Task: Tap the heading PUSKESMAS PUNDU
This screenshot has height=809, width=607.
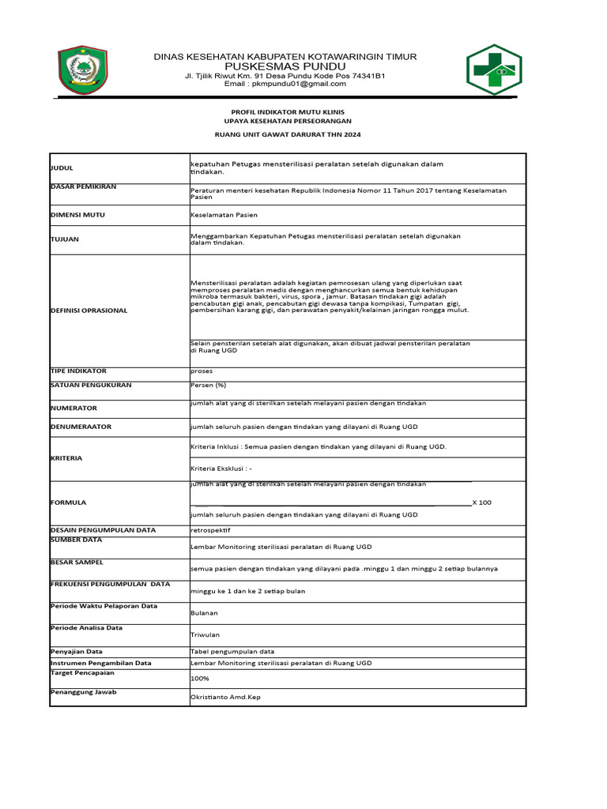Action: [286, 66]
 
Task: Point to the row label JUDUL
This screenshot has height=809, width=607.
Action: [62, 168]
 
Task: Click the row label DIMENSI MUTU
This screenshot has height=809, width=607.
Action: [78, 215]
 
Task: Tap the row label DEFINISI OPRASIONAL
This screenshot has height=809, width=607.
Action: [89, 310]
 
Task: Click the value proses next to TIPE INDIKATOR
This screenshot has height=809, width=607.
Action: [202, 371]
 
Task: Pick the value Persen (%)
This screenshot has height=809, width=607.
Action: [209, 386]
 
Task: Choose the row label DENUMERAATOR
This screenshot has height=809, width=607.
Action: [81, 427]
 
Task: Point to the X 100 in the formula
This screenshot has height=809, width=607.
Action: [481, 502]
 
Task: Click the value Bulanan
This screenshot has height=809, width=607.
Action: [205, 612]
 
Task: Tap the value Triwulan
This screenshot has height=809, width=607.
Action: [205, 634]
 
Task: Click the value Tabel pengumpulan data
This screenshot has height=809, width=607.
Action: [232, 652]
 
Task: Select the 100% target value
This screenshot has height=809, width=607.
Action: [200, 679]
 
